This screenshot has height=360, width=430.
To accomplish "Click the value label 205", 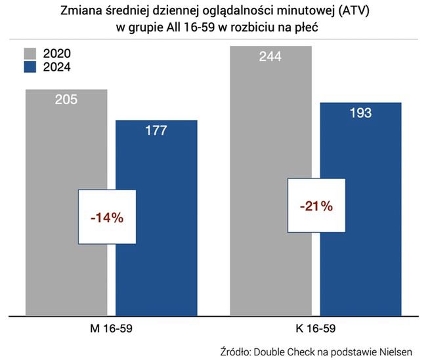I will pos(66,100).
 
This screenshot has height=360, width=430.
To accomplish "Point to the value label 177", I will pos(156,130).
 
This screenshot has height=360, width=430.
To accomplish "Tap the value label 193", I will pos(360,113).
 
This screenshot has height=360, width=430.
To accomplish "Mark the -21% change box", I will pos(316,206).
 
